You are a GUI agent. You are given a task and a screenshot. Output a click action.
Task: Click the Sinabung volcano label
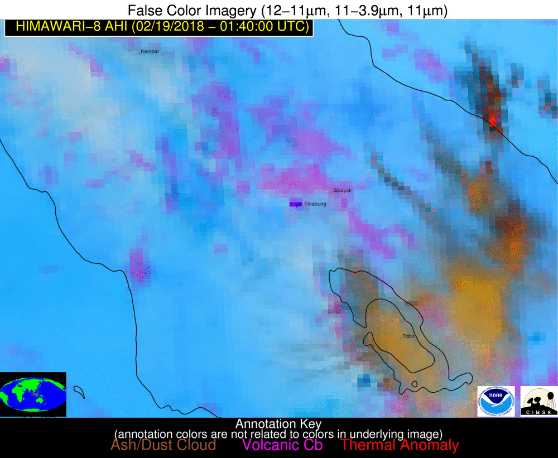tap(315, 204)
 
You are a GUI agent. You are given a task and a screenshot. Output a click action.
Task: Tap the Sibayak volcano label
tap(343, 191)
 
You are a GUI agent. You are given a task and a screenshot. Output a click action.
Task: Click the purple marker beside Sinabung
tap(295, 204)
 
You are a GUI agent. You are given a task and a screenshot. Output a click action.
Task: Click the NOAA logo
tap(496, 401)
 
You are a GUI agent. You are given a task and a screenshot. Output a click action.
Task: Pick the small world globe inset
tap(33, 394)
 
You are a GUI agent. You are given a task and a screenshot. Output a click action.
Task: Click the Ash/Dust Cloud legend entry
tap(163, 445)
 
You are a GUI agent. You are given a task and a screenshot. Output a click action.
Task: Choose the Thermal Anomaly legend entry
tap(400, 445)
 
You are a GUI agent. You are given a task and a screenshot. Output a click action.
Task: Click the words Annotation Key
tap(278, 423)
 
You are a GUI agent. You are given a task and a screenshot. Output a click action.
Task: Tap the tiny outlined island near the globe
tap(79, 393)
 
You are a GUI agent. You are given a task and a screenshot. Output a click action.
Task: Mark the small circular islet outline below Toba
tap(415, 384)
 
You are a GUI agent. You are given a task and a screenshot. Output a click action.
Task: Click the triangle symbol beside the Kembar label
tap(139, 52)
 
